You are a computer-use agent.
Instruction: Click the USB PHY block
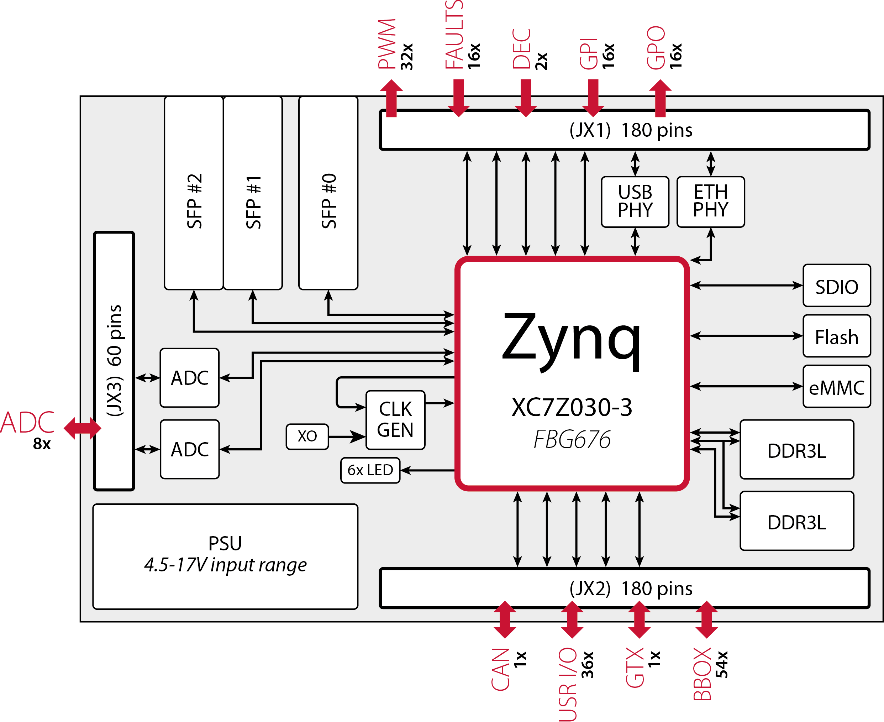(635, 202)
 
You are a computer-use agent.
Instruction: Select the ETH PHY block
(710, 202)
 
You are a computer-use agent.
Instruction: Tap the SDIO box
(836, 286)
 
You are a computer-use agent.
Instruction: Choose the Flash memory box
(836, 336)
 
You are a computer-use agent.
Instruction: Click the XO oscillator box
(307, 436)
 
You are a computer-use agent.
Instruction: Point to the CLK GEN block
(395, 420)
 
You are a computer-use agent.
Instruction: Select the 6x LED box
(370, 470)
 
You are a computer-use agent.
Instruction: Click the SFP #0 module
(328, 193)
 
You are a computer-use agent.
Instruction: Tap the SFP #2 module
(194, 193)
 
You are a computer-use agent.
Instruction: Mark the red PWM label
(387, 44)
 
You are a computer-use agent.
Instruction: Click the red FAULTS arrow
(458, 98)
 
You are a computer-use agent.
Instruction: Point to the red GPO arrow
(660, 98)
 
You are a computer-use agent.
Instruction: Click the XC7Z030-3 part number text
(572, 407)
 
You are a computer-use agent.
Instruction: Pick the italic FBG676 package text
(572, 440)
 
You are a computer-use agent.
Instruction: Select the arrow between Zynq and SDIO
(746, 285)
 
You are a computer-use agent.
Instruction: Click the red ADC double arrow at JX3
(82, 428)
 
